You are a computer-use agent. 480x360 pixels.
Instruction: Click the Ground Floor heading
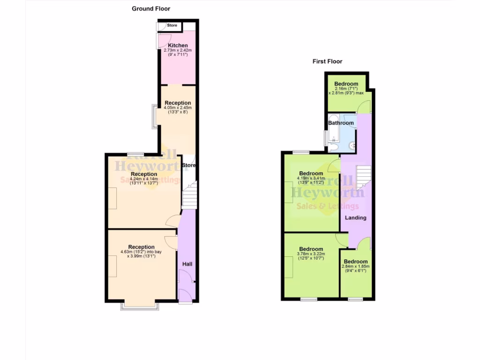point(150,8)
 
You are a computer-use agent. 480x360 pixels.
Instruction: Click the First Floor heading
point(327,61)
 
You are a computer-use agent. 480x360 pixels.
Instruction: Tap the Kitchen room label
point(178,45)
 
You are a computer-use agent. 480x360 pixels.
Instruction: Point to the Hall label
point(187,264)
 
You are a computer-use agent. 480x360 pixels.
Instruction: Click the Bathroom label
point(341,123)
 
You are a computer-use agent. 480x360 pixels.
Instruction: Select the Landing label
point(355,217)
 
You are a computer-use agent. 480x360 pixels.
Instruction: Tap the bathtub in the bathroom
point(333,128)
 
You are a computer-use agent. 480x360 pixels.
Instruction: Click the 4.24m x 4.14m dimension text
point(143,179)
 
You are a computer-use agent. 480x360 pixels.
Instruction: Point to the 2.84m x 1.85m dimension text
point(356,266)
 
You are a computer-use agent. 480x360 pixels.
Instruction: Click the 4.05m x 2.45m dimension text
point(178,107)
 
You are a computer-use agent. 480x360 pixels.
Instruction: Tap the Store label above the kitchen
point(172,25)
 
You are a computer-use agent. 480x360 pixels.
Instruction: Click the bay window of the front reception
point(140,306)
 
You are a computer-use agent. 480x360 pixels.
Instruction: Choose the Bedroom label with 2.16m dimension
point(346,84)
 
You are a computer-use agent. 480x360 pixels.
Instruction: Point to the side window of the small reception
point(154,117)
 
